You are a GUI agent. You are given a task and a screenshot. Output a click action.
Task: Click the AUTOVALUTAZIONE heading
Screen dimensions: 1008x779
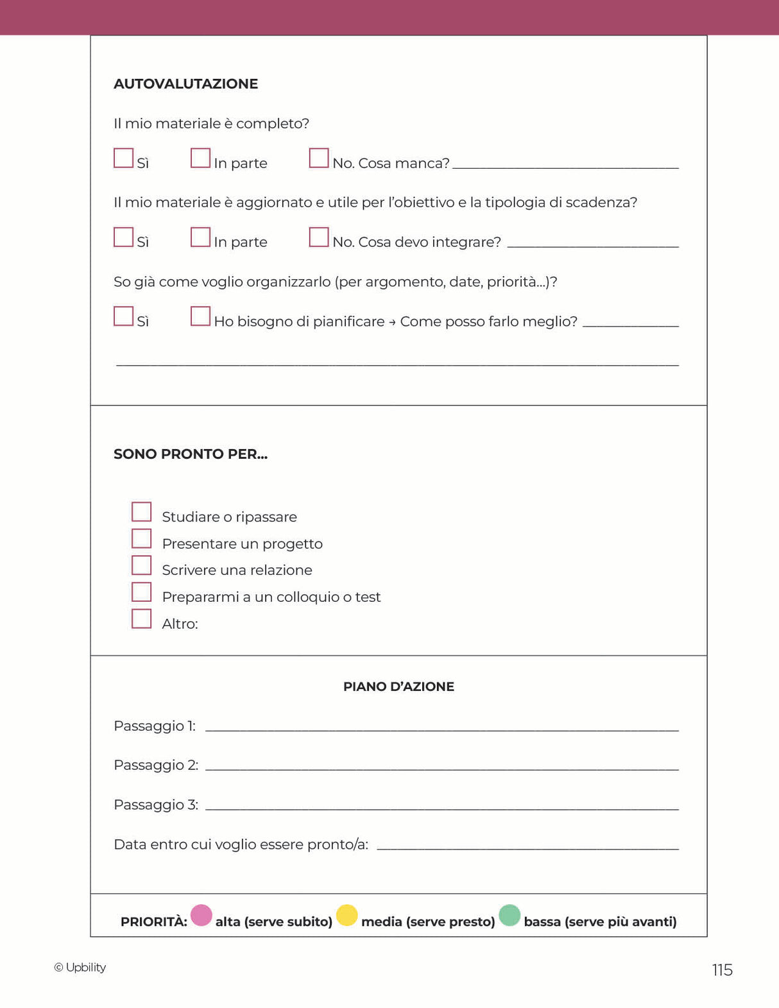point(185,84)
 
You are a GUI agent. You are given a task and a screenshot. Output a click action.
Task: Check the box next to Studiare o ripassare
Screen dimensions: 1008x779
point(141,512)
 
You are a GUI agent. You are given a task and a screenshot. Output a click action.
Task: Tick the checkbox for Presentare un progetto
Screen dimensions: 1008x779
point(141,539)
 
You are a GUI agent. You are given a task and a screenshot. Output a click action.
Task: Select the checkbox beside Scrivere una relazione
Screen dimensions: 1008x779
point(141,565)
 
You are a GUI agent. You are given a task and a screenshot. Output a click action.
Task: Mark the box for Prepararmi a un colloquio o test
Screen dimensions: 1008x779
point(141,592)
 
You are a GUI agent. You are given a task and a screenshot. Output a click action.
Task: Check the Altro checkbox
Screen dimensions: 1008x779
point(141,619)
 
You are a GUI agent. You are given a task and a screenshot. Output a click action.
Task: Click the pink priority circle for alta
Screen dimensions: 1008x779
point(201,916)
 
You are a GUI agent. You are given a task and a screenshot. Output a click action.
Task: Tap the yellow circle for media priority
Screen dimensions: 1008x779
point(347,916)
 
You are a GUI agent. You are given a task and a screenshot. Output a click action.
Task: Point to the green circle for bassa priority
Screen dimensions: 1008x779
point(509,916)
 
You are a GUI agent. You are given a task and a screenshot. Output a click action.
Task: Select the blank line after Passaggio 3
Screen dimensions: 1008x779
point(441,807)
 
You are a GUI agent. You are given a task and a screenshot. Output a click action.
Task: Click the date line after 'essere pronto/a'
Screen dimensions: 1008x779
point(527,847)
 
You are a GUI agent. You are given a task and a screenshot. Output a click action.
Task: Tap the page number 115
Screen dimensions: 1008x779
point(722,970)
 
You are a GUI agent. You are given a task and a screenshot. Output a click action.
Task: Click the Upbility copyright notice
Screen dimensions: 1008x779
point(80,968)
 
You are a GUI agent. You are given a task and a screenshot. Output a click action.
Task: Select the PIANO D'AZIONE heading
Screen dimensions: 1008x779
point(398,687)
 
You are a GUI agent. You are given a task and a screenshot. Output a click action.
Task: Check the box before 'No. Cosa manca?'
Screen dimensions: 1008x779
point(319,158)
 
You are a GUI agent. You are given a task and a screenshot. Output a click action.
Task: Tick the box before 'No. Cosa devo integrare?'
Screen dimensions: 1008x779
point(319,237)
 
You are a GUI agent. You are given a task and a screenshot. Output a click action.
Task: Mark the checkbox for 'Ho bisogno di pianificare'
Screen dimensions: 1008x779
point(200,316)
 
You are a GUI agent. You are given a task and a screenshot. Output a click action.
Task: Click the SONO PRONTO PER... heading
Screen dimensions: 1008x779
point(191,454)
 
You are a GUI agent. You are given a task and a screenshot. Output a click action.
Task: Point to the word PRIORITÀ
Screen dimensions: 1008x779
point(154,922)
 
